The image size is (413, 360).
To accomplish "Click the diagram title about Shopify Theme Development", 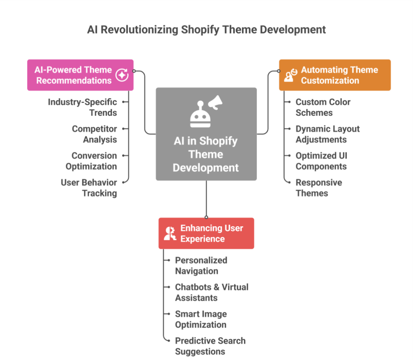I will (x=206, y=29).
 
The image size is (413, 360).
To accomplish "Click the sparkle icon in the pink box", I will (x=122, y=75).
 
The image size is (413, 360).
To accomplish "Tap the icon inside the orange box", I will (x=291, y=75).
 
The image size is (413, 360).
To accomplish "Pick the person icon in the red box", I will (x=170, y=233).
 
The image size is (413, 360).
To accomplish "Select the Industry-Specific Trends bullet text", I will (x=83, y=107).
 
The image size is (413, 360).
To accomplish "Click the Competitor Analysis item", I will (x=95, y=134).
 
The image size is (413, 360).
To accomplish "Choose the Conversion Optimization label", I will (x=91, y=160).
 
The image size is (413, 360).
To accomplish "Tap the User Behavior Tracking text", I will (x=89, y=187).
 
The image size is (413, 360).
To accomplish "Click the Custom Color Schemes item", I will (x=323, y=107).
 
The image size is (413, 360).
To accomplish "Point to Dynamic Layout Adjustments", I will (x=327, y=134).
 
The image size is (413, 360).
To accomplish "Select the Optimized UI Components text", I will (x=322, y=160).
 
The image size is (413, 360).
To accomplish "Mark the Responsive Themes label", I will (x=318, y=187).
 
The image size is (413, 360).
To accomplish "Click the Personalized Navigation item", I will (x=201, y=265).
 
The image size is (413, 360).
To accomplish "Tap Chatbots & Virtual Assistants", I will (x=212, y=292).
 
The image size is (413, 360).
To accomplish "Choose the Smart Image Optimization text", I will (x=201, y=319).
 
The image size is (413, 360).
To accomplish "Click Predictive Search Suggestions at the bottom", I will (x=210, y=346).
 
